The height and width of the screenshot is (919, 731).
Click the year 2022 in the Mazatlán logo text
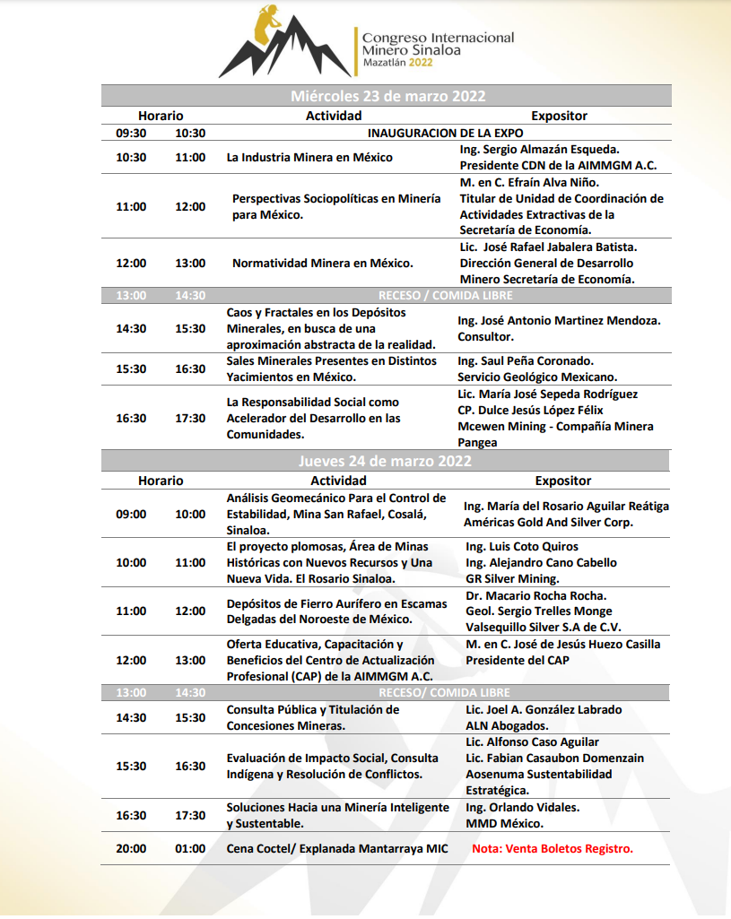tap(426, 63)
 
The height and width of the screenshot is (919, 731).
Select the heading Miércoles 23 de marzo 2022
tap(387, 96)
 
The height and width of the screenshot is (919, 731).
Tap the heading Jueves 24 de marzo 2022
tap(386, 461)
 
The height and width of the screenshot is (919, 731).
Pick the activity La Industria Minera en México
tap(309, 157)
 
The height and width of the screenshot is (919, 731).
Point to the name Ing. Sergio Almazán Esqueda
tap(539, 149)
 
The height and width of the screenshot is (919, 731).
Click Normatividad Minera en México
tap(322, 264)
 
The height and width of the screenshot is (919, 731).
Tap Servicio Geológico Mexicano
tap(537, 377)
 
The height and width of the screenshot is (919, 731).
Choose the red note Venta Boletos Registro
tap(553, 848)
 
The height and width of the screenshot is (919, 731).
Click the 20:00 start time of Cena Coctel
tap(131, 848)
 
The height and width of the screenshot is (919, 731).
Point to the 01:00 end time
tap(190, 848)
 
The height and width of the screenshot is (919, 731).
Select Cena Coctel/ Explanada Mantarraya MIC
tap(337, 848)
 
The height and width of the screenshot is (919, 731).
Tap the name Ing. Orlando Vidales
tap(523, 807)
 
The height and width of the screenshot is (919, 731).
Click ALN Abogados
tap(507, 725)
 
